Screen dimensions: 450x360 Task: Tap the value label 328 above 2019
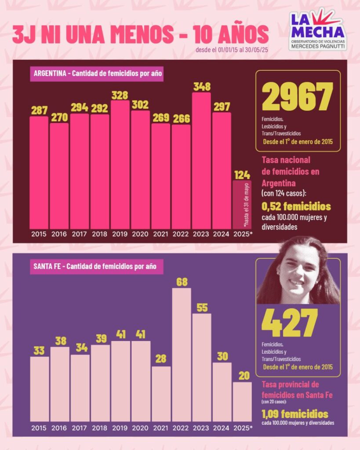click(x=120, y=95)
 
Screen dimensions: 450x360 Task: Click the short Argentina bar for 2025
click(x=242, y=204)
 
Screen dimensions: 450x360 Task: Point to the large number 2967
click(x=298, y=97)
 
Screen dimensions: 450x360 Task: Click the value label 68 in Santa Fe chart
click(x=182, y=282)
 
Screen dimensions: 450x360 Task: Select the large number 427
click(x=289, y=324)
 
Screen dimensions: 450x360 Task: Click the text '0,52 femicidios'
click(x=296, y=207)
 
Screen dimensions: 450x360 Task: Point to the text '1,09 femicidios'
click(x=295, y=414)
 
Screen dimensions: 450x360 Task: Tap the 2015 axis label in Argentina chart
click(x=39, y=234)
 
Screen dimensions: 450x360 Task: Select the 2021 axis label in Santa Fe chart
click(x=161, y=428)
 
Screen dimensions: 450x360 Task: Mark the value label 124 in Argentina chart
click(x=242, y=174)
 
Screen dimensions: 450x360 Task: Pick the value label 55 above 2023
click(x=202, y=308)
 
